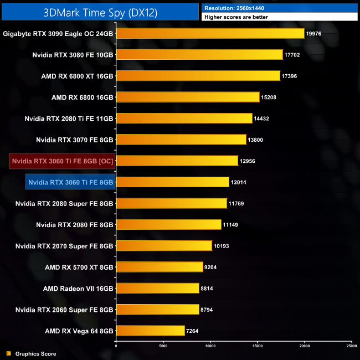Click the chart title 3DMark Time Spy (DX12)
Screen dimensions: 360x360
pos(100,12)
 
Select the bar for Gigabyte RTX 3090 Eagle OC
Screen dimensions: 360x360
pos(210,34)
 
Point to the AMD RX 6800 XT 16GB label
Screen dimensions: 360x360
pos(78,76)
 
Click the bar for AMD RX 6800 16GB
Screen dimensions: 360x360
pos(188,97)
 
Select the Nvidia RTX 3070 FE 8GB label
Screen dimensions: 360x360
pos(75,140)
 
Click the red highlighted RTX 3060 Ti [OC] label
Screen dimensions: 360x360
pos(63,161)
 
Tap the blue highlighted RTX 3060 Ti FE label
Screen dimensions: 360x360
pos(70,182)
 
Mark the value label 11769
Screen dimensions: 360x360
pos(236,203)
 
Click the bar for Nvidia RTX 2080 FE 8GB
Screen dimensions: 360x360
pos(169,224)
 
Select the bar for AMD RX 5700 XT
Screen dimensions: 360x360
pos(160,267)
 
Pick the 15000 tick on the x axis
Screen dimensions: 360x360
pos(258,346)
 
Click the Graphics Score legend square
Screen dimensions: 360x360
pos(8,353)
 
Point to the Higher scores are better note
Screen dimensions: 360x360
pos(238,17)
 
